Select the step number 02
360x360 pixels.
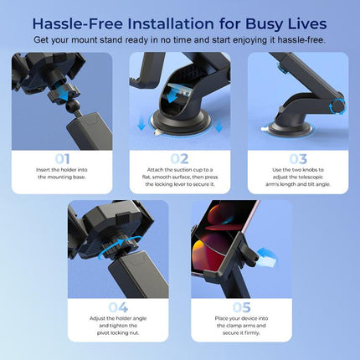click(x=179, y=157)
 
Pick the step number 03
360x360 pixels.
click(x=299, y=157)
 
